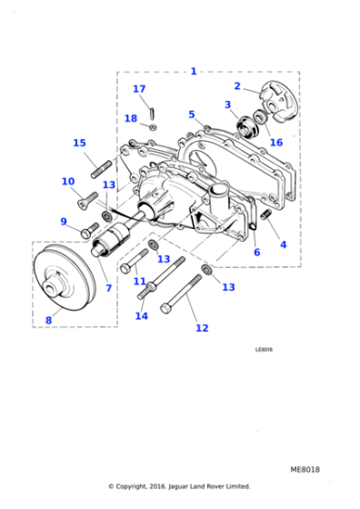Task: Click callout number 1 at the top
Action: (x=193, y=70)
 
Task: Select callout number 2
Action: (x=237, y=86)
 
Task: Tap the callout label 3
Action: (x=228, y=105)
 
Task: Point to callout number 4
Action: (x=283, y=245)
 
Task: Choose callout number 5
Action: (x=192, y=115)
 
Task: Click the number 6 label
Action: (x=256, y=252)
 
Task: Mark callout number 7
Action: (x=108, y=287)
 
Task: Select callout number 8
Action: (x=48, y=320)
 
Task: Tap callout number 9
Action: (x=64, y=221)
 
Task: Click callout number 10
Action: (x=68, y=182)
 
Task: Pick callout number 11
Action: (x=139, y=281)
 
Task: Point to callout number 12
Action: (x=202, y=328)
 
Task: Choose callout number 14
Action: (x=141, y=315)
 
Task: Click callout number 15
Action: (x=79, y=143)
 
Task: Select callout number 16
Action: (x=275, y=142)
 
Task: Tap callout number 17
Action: (x=139, y=88)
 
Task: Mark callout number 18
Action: (x=131, y=118)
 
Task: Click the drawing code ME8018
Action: (x=305, y=470)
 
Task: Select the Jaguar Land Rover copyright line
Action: (x=179, y=486)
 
